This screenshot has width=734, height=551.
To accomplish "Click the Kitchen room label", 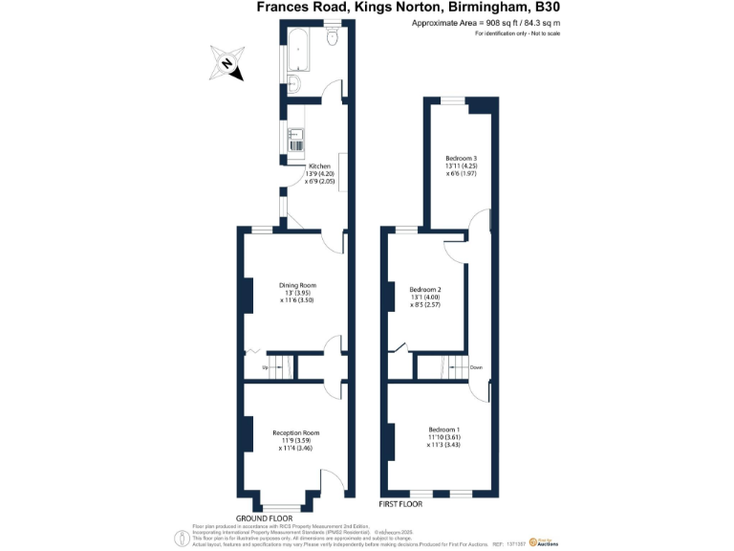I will pos(318,166).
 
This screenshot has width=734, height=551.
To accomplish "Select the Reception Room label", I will pos(295,432).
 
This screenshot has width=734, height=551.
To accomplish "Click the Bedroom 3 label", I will pos(461,158).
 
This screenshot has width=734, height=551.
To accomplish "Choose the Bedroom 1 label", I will pos(444,430).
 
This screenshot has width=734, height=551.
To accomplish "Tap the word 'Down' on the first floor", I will pos(475,367).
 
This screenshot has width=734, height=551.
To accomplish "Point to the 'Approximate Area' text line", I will pos(471,22).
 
